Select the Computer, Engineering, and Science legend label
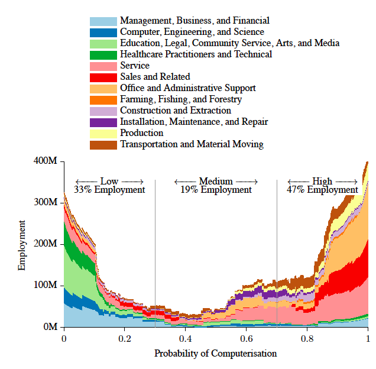pyautogui.click(x=192, y=32)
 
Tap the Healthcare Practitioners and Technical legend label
pyautogui.click(x=196, y=54)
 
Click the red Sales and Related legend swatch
pyautogui.click(x=103, y=77)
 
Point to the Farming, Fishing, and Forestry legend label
pyautogui.click(x=180, y=99)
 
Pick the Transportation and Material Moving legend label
pyautogui.click(x=192, y=144)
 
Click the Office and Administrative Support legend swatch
pyautogui.click(x=103, y=88)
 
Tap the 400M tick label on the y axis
pyautogui.click(x=46, y=161)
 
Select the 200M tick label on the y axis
pyautogui.click(x=46, y=244)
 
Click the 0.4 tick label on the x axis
pyautogui.click(x=186, y=339)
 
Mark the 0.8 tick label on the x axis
pyautogui.click(x=307, y=339)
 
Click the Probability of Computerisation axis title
pyautogui.click(x=215, y=354)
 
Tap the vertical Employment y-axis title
pyautogui.click(x=22, y=245)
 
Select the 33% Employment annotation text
pyautogui.click(x=109, y=190)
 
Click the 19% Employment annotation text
pyautogui.click(x=216, y=190)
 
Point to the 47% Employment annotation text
pyautogui.click(x=322, y=190)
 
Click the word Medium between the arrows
pyautogui.click(x=216, y=181)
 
